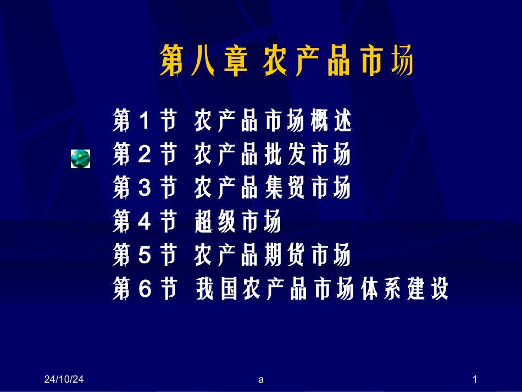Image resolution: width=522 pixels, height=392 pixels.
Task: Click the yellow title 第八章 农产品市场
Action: pyautogui.click(x=286, y=61)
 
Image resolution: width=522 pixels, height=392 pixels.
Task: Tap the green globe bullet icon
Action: pyautogui.click(x=80, y=159)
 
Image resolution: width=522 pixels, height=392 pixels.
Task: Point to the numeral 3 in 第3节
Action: pyautogui.click(x=145, y=189)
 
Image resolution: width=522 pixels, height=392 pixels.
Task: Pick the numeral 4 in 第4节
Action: pyautogui.click(x=145, y=223)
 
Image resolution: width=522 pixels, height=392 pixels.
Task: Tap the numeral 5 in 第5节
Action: pyautogui.click(x=145, y=256)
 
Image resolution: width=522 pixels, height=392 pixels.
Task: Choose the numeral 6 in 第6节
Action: pyautogui.click(x=145, y=289)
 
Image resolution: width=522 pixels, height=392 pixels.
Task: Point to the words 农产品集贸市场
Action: pyautogui.click(x=273, y=189)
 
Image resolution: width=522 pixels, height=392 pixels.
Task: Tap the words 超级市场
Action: pyautogui.click(x=237, y=223)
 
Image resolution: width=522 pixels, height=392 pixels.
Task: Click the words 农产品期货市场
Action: pyautogui.click(x=273, y=256)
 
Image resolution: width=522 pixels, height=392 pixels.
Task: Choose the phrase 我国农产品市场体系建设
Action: pyautogui.click(x=322, y=289)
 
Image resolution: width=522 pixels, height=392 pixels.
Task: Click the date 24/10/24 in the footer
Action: pyautogui.click(x=67, y=379)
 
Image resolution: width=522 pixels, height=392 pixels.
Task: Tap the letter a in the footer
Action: pyautogui.click(x=261, y=379)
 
